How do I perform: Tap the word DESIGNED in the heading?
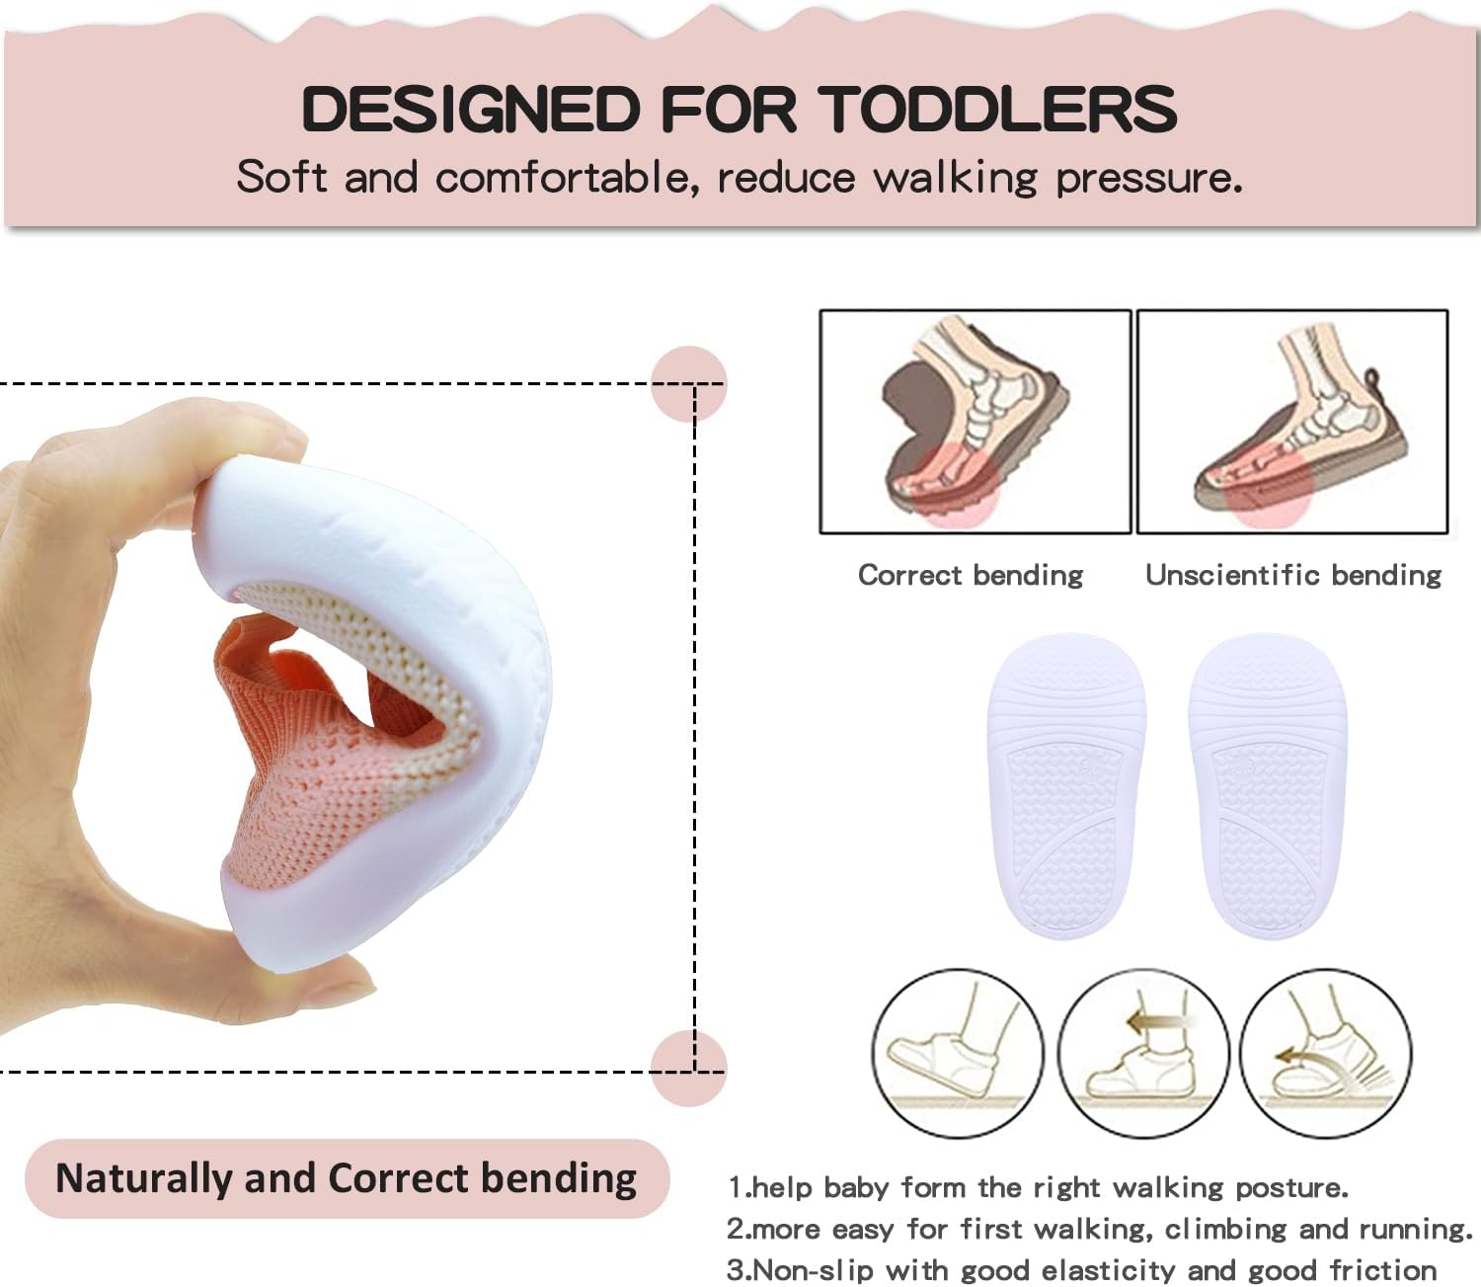click(471, 109)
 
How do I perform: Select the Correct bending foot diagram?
click(974, 422)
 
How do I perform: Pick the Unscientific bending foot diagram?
click(1292, 422)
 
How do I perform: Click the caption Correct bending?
click(970, 575)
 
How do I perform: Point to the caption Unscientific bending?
click(1292, 575)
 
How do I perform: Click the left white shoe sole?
click(1066, 785)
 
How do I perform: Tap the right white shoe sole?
click(1268, 785)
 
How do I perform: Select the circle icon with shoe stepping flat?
click(957, 1053)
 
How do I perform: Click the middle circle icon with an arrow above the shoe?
click(1143, 1053)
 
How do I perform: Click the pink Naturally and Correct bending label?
click(347, 1178)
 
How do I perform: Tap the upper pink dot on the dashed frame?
click(689, 384)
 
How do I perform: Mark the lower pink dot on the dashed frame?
click(689, 1068)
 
